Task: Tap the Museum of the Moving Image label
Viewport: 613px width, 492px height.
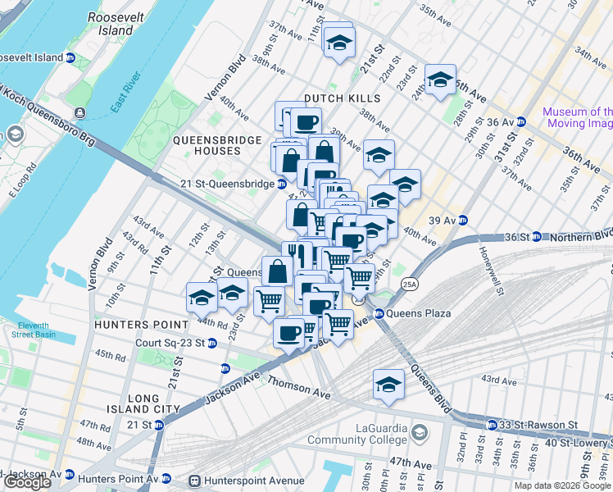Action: pos(577,117)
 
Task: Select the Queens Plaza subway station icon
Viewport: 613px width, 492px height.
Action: pos(379,313)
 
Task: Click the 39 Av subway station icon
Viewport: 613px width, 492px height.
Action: pos(463,220)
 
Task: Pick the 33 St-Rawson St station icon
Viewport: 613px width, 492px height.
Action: pos(491,425)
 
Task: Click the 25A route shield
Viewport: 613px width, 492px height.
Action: pos(409,285)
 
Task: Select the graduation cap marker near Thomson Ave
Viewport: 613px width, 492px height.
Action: pos(388,384)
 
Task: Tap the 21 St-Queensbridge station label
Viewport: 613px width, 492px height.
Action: pos(228,184)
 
